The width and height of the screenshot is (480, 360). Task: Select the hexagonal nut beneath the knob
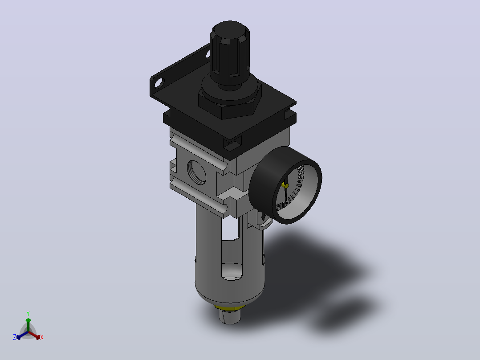click(230, 106)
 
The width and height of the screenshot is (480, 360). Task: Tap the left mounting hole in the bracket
click(159, 82)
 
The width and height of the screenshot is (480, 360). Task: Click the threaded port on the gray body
click(196, 172)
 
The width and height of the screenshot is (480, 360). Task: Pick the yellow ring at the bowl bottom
click(230, 307)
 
